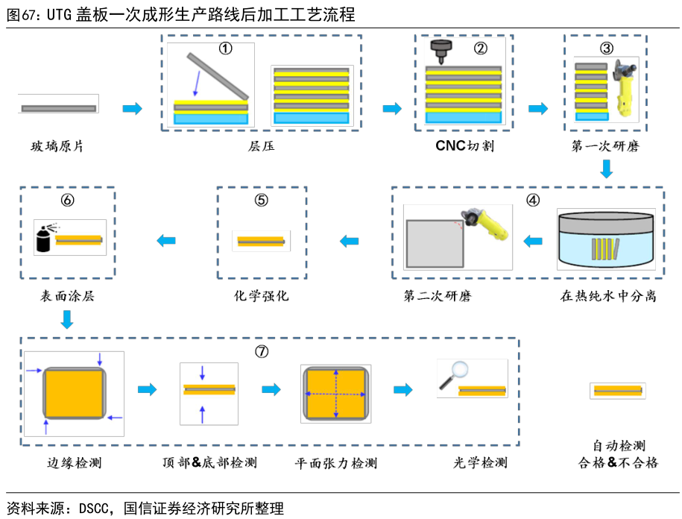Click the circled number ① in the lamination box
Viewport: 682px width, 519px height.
click(x=225, y=48)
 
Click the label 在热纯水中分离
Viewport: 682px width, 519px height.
click(x=608, y=296)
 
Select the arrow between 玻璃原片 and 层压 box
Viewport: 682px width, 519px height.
click(x=132, y=109)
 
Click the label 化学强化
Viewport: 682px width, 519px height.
click(x=261, y=296)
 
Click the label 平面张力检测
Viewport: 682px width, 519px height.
click(x=336, y=463)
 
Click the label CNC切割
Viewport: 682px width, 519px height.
click(x=465, y=146)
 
